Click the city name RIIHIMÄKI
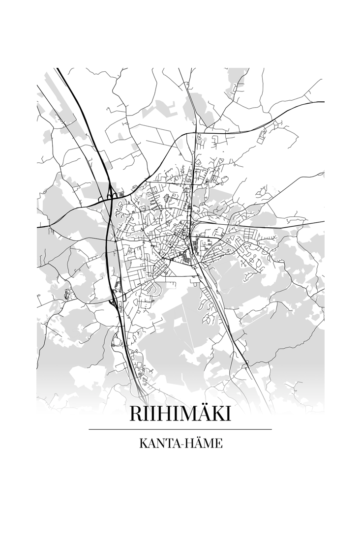pyautogui.click(x=180, y=414)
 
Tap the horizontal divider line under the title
pyautogui.click(x=180, y=429)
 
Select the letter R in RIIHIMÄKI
pyautogui.click(x=136, y=414)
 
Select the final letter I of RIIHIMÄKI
pyautogui.click(x=228, y=414)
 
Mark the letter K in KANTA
pyautogui.click(x=143, y=444)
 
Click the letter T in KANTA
pyautogui.click(x=166, y=444)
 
